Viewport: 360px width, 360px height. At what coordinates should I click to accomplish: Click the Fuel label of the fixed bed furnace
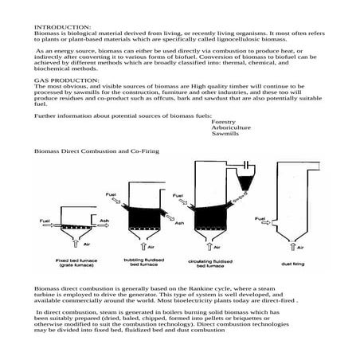point(46,219)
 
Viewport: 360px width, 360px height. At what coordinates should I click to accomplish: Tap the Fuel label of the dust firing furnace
point(260,217)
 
